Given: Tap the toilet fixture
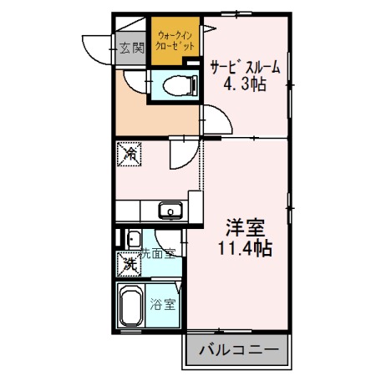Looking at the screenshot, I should (177, 84).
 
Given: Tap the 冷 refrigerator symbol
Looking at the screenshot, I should (130, 155).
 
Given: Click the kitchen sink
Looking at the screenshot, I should (170, 211).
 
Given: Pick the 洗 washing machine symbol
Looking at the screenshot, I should (130, 264).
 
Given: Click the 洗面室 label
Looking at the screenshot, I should (159, 253).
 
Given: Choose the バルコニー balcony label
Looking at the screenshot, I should (236, 351).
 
